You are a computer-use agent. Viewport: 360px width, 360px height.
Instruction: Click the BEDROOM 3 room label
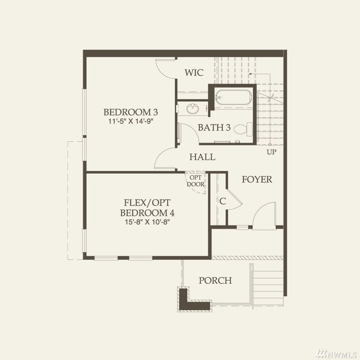point(130,112)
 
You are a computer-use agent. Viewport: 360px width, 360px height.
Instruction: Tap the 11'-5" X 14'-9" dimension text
point(130,121)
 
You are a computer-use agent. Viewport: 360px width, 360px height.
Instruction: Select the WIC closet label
point(194,72)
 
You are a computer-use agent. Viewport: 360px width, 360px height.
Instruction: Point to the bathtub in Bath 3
point(232,97)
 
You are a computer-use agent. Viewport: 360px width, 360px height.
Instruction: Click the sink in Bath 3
point(193,109)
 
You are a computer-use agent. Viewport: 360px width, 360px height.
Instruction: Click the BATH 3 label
point(214,127)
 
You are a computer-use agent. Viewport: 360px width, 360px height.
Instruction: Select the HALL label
point(202,157)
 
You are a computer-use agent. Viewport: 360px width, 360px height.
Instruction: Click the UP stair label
point(271,152)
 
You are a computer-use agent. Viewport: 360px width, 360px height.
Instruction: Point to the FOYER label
point(257,179)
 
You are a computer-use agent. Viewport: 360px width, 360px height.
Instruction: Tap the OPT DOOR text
point(196,181)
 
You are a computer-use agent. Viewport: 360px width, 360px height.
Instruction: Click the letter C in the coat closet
point(222,201)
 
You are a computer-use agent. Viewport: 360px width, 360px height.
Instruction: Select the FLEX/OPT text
point(147,202)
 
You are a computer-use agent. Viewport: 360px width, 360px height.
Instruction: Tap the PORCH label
point(215,280)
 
